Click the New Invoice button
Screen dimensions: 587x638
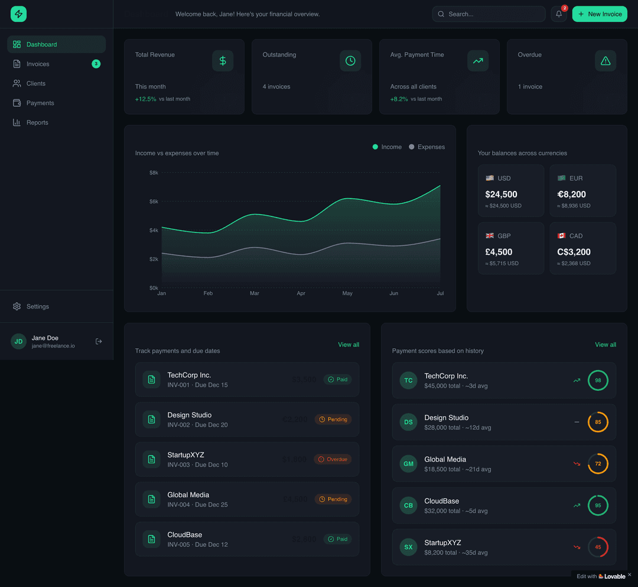click(x=600, y=14)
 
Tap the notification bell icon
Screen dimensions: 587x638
click(x=559, y=14)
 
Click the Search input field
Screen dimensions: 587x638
click(x=489, y=14)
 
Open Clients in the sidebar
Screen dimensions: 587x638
click(x=35, y=83)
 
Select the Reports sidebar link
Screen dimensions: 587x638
click(x=37, y=122)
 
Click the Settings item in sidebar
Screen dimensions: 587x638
click(x=37, y=306)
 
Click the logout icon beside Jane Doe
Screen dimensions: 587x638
click(x=99, y=341)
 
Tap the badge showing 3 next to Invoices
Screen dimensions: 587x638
click(x=96, y=64)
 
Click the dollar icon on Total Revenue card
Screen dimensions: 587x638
click(x=223, y=61)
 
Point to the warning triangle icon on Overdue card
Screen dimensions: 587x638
click(x=606, y=61)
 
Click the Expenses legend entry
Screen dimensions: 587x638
click(x=427, y=147)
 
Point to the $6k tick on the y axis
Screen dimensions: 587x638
click(x=154, y=202)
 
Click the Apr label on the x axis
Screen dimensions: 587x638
click(x=301, y=293)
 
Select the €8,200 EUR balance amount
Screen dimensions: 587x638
click(x=571, y=194)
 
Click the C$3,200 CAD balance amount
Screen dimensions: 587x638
click(x=574, y=252)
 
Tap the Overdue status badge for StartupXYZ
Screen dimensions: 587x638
click(x=333, y=459)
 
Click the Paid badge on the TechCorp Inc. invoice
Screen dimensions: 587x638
click(x=338, y=380)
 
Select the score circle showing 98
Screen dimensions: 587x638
click(x=598, y=380)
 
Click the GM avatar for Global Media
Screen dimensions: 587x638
click(x=408, y=464)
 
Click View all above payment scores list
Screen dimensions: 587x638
click(x=606, y=345)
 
